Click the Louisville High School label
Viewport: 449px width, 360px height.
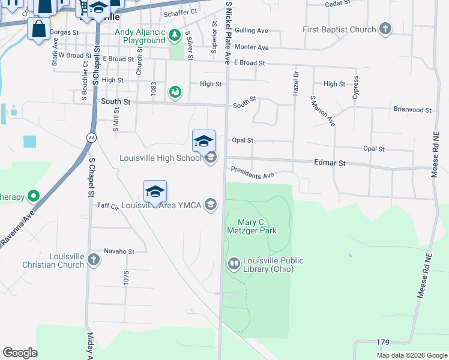160,158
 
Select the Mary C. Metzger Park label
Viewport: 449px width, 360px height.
252,226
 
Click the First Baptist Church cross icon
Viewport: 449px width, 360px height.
385,29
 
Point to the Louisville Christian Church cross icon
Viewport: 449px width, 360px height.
93,259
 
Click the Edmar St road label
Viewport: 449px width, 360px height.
330,163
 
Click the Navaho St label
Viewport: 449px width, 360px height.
119,251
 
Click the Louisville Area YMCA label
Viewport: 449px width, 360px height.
162,205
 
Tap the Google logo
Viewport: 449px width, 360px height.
20,353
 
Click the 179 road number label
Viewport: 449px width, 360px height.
382,342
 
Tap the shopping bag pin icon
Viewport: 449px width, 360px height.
38,29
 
